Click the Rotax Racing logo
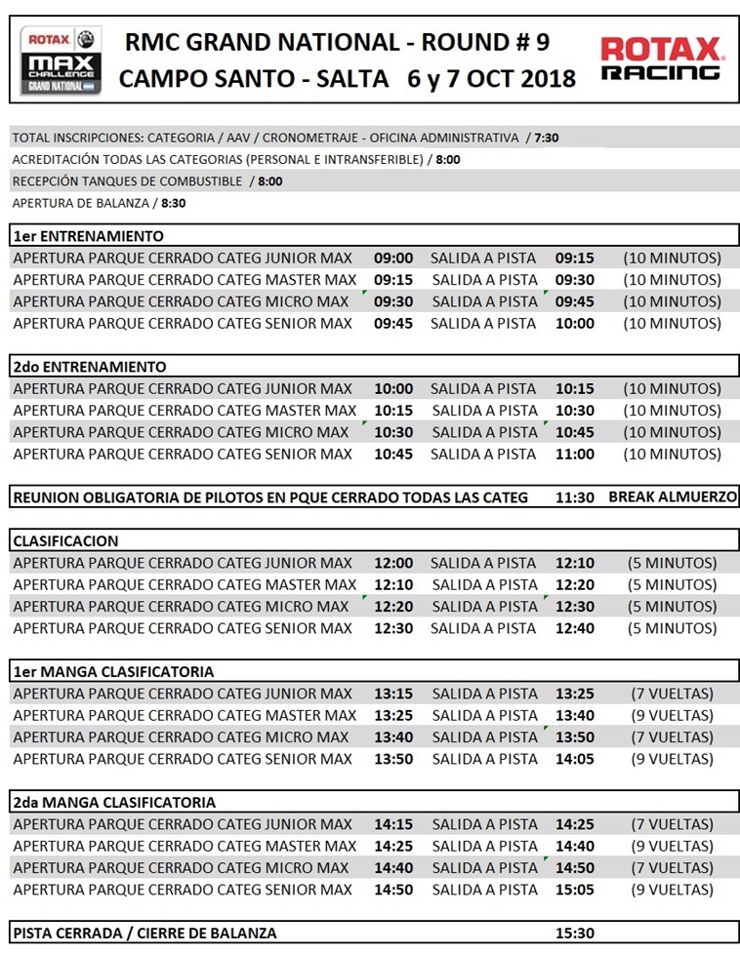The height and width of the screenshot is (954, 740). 661,59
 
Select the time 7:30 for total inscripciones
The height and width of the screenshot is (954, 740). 547,138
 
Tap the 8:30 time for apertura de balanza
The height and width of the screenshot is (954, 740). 174,204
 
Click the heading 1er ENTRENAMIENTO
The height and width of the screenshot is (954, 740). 88,236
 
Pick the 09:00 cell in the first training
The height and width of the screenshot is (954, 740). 393,258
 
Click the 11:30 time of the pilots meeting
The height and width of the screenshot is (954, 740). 575,497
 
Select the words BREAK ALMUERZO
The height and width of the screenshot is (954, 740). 673,497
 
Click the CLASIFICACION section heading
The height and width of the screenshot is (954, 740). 65,540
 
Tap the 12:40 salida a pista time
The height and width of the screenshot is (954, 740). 575,628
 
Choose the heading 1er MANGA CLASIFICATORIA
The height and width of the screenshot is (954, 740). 113,671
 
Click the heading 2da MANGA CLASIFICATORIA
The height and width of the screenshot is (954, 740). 114,802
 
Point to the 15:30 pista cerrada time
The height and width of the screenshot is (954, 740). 575,934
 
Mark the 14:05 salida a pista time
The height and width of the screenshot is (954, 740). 575,759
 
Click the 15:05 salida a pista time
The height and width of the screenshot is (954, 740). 575,890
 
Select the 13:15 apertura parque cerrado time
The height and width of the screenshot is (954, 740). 393,694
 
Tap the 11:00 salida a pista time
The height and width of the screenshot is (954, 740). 575,454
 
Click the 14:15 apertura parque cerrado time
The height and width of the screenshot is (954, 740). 393,824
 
